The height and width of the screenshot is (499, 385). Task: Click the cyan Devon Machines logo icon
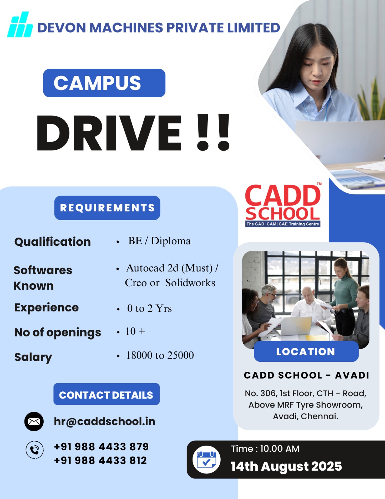(20, 25)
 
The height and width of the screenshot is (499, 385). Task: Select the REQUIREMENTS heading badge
(107, 208)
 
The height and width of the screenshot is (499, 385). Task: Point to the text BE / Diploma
(159, 241)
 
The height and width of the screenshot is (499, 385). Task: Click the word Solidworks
(190, 283)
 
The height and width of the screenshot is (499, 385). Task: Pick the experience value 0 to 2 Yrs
(149, 308)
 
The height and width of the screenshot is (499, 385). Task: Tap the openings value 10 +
(135, 331)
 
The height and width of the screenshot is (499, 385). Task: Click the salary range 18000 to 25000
(160, 355)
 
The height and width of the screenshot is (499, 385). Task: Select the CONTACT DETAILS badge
(106, 395)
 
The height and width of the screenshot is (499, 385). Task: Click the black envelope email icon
(34, 421)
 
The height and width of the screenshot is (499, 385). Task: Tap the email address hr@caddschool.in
(104, 421)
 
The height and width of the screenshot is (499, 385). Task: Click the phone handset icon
(35, 450)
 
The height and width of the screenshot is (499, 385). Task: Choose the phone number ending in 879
(101, 447)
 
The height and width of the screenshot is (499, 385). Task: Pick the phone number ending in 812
(100, 460)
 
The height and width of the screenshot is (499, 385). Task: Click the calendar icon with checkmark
(206, 459)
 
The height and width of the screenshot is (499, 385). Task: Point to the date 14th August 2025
(286, 466)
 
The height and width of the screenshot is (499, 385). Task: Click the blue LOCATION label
(306, 351)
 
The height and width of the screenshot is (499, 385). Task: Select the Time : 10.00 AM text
(265, 448)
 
